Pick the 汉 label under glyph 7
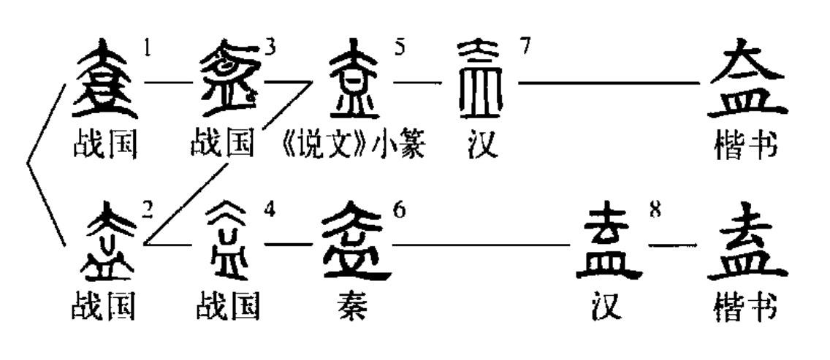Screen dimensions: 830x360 click(x=480, y=146)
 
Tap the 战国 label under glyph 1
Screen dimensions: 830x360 click(x=104, y=146)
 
